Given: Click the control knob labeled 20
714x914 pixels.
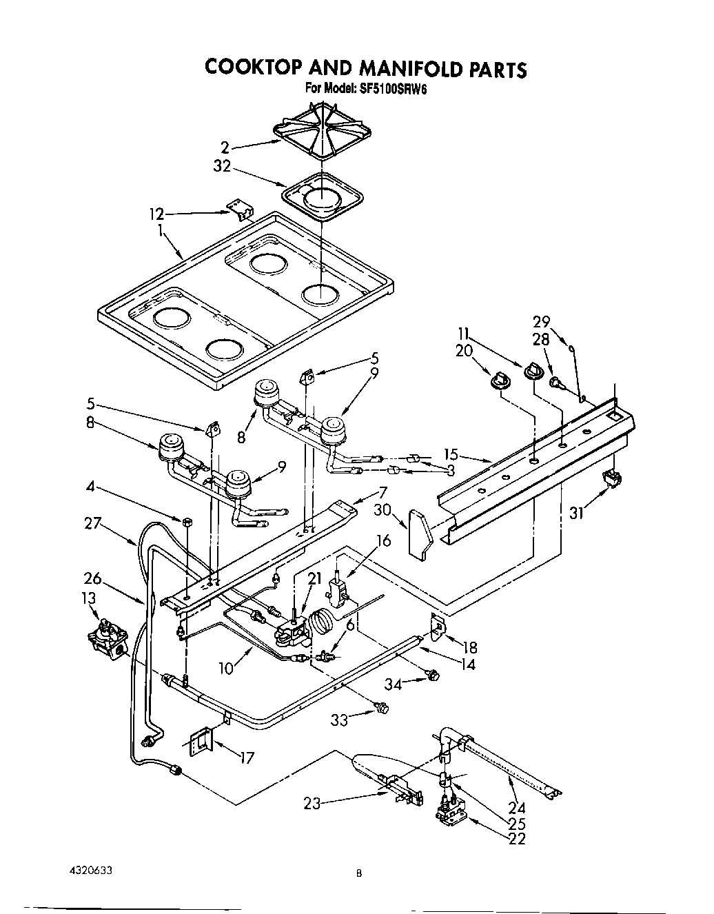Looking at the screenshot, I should pos(499,379).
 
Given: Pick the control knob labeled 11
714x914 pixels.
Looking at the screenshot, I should pos(533,372).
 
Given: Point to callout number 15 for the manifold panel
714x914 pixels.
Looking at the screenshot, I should pos(451,454).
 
